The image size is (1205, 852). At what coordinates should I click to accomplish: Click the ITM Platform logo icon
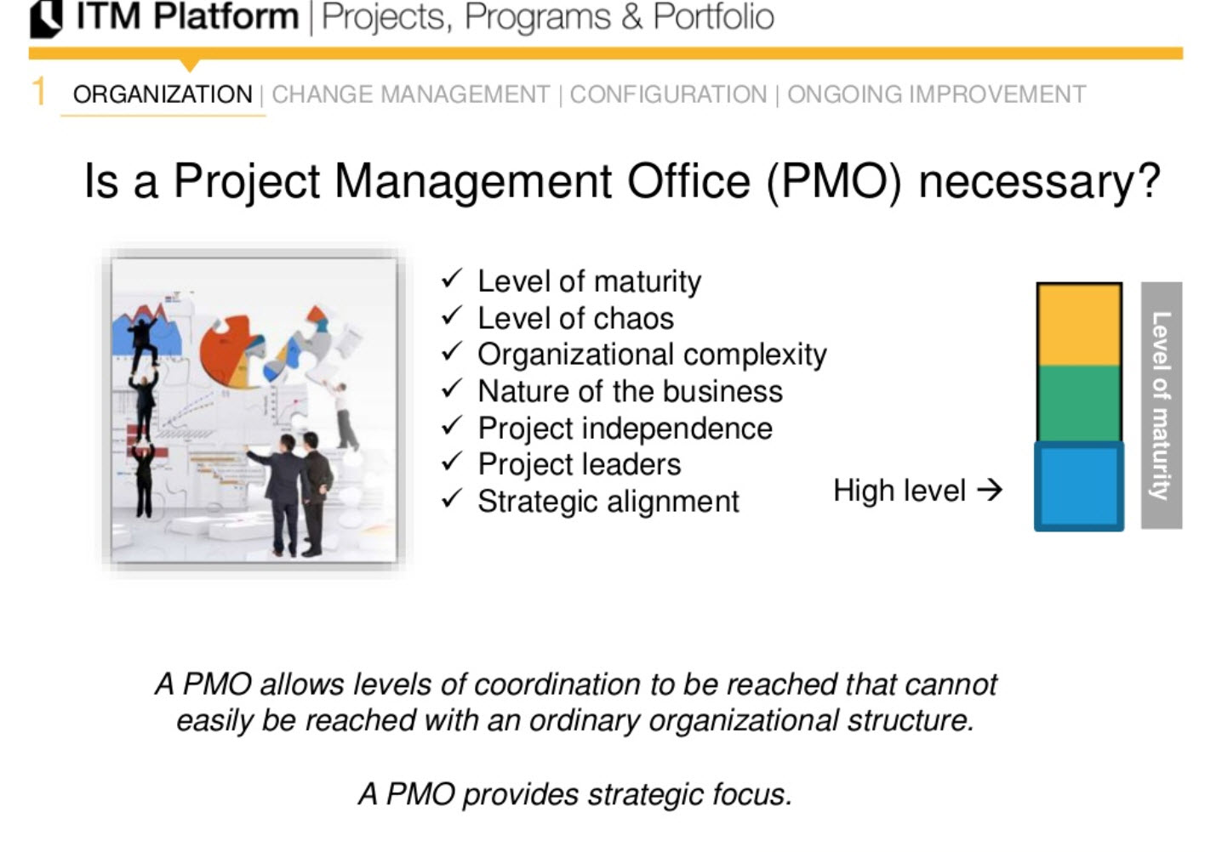pos(46,18)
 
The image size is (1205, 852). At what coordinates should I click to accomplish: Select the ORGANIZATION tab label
pos(163,94)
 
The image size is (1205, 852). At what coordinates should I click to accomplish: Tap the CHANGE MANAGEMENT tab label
pos(410,94)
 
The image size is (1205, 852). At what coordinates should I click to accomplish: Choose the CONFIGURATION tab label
pos(668,94)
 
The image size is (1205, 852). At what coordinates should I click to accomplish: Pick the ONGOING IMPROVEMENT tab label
pos(936,94)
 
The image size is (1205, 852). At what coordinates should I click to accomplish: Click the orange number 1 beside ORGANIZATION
pos(38,92)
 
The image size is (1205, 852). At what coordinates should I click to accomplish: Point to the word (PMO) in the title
pos(834,182)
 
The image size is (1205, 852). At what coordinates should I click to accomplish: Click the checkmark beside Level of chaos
pos(452,316)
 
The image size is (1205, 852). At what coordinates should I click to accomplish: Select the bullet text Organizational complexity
pos(652,355)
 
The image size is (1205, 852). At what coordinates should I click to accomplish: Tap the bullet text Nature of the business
pos(630,391)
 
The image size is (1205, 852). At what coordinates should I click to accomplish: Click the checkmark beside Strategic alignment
pos(452,499)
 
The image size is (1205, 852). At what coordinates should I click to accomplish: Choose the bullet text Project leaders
pos(579,465)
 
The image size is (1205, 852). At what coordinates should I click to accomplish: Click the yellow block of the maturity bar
pos(1078,325)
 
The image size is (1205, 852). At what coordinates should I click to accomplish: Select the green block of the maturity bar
pos(1078,404)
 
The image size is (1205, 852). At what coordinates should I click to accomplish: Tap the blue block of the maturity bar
pos(1078,486)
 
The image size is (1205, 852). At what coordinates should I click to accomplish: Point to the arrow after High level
pos(990,490)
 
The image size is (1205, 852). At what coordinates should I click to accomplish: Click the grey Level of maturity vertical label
pos(1161,406)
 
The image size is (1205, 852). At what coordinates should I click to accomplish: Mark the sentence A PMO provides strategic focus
pos(575,794)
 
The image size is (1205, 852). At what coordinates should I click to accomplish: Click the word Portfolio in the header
pos(713,18)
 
